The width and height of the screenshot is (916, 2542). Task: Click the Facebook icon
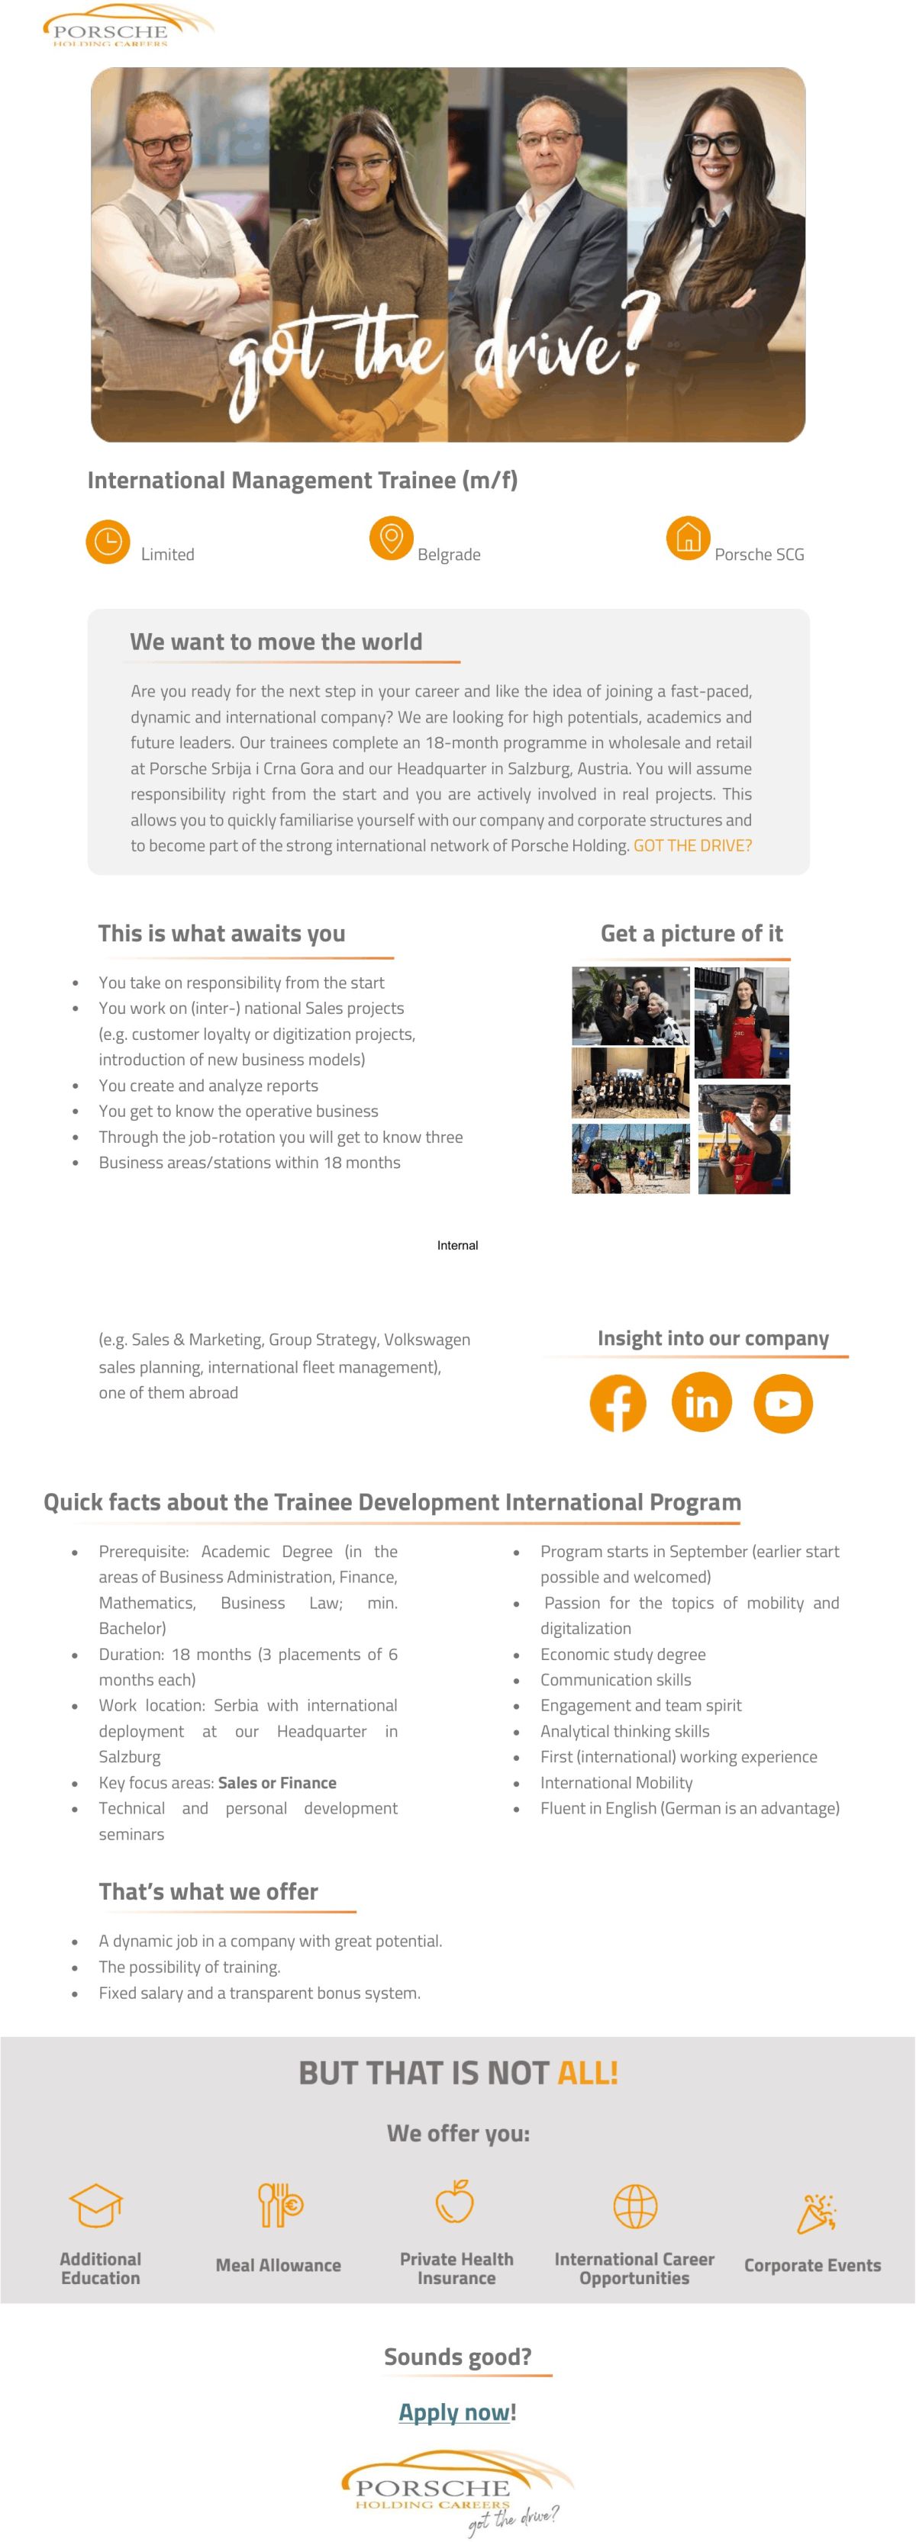618,1402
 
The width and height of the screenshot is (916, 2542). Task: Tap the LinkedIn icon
701,1402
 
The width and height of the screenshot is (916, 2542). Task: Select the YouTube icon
782,1402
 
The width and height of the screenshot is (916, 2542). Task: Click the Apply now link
455,2412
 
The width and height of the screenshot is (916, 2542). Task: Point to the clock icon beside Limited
108,542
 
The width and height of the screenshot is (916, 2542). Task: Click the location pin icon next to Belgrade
391,538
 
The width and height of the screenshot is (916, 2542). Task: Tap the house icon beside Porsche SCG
688,538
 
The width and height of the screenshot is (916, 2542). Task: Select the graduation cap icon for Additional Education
95,2205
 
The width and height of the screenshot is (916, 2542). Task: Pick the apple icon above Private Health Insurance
455,2202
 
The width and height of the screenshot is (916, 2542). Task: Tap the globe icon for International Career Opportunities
634,2206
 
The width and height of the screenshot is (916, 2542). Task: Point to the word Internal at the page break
457,1245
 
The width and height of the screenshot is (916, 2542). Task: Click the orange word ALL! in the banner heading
589,2072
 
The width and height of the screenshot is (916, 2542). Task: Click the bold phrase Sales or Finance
276,1782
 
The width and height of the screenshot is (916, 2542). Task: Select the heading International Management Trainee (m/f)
302,481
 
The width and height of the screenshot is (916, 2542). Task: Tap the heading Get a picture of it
691,934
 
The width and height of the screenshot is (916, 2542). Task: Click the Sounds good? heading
457,2357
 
